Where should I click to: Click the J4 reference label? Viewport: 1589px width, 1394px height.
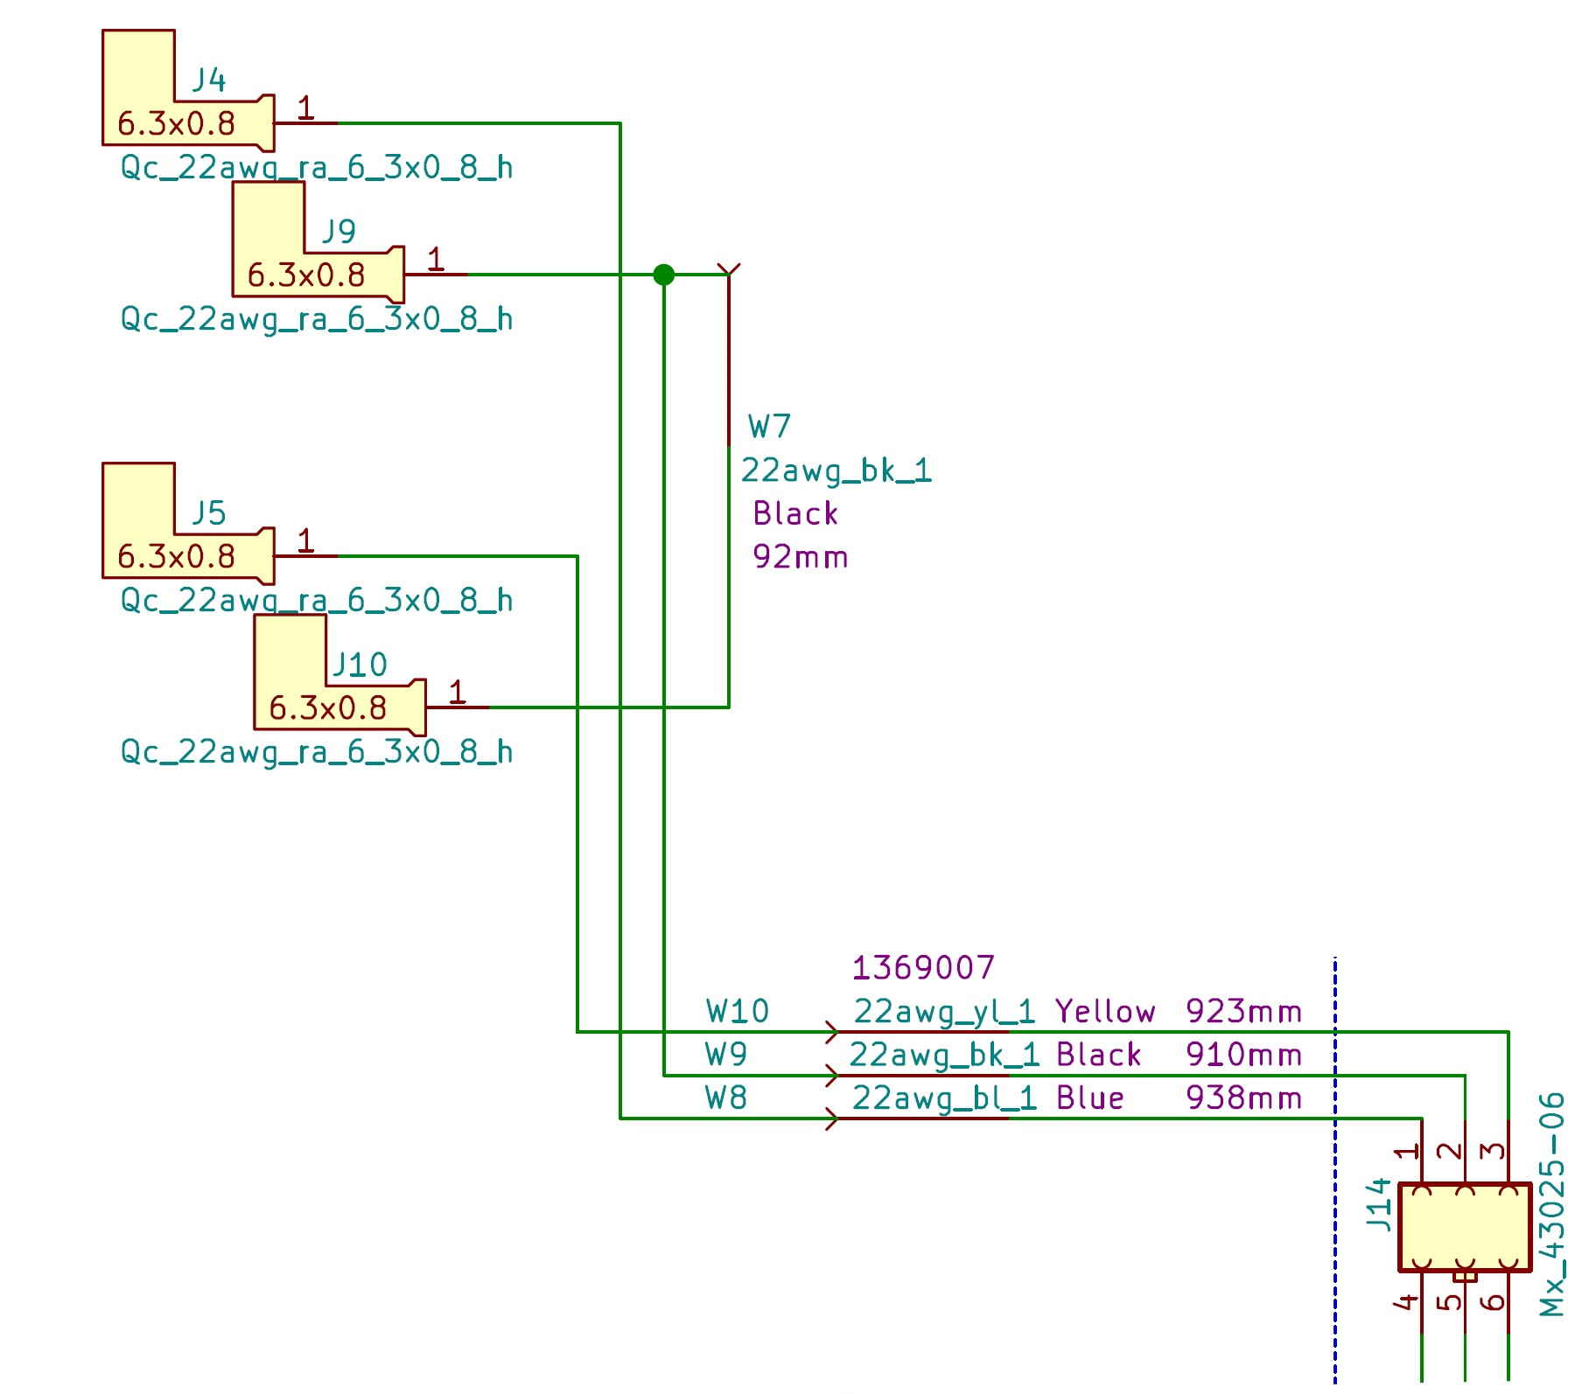click(x=209, y=80)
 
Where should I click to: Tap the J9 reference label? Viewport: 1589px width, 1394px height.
click(x=339, y=231)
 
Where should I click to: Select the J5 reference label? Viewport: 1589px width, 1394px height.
click(x=209, y=512)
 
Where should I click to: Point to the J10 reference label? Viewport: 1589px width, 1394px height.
click(x=359, y=665)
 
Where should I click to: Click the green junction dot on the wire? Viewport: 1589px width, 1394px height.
click(x=664, y=275)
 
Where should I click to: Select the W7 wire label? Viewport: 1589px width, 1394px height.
click(x=769, y=427)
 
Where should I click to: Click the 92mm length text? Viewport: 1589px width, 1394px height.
click(x=800, y=556)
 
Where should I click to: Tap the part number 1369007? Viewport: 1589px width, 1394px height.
click(x=923, y=967)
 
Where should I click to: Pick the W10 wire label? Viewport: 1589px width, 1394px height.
click(x=738, y=1011)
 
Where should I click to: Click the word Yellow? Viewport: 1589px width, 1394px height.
click(x=1105, y=1011)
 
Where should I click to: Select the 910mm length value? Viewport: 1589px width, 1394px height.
click(x=1243, y=1055)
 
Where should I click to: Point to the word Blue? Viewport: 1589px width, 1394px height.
click(x=1089, y=1098)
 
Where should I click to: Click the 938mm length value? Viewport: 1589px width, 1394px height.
click(x=1243, y=1098)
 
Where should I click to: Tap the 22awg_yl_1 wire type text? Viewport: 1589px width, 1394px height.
click(x=944, y=1011)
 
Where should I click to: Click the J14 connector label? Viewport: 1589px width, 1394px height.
click(x=1379, y=1204)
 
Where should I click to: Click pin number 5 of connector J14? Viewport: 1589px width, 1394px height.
click(x=1452, y=1301)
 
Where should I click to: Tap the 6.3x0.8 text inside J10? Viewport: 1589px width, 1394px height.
click(x=327, y=707)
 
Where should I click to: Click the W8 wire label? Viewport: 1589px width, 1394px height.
click(x=726, y=1098)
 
